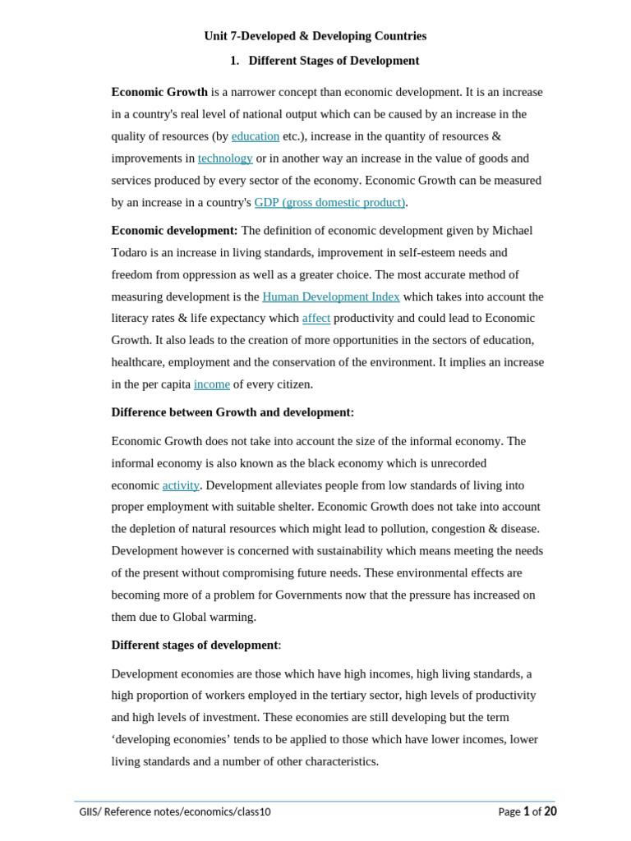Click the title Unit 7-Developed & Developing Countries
point(315,36)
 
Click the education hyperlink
point(256,136)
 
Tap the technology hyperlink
point(225,159)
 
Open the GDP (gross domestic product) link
point(329,202)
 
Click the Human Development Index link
point(330,296)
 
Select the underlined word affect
point(316,319)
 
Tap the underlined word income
point(212,384)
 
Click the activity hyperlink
point(181,485)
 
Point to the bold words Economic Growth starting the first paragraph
point(159,92)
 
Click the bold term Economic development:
point(174,231)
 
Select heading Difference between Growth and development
point(233,412)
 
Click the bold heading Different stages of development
point(195,646)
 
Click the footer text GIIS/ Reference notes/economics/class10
point(175,811)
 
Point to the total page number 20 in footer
point(550,811)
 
